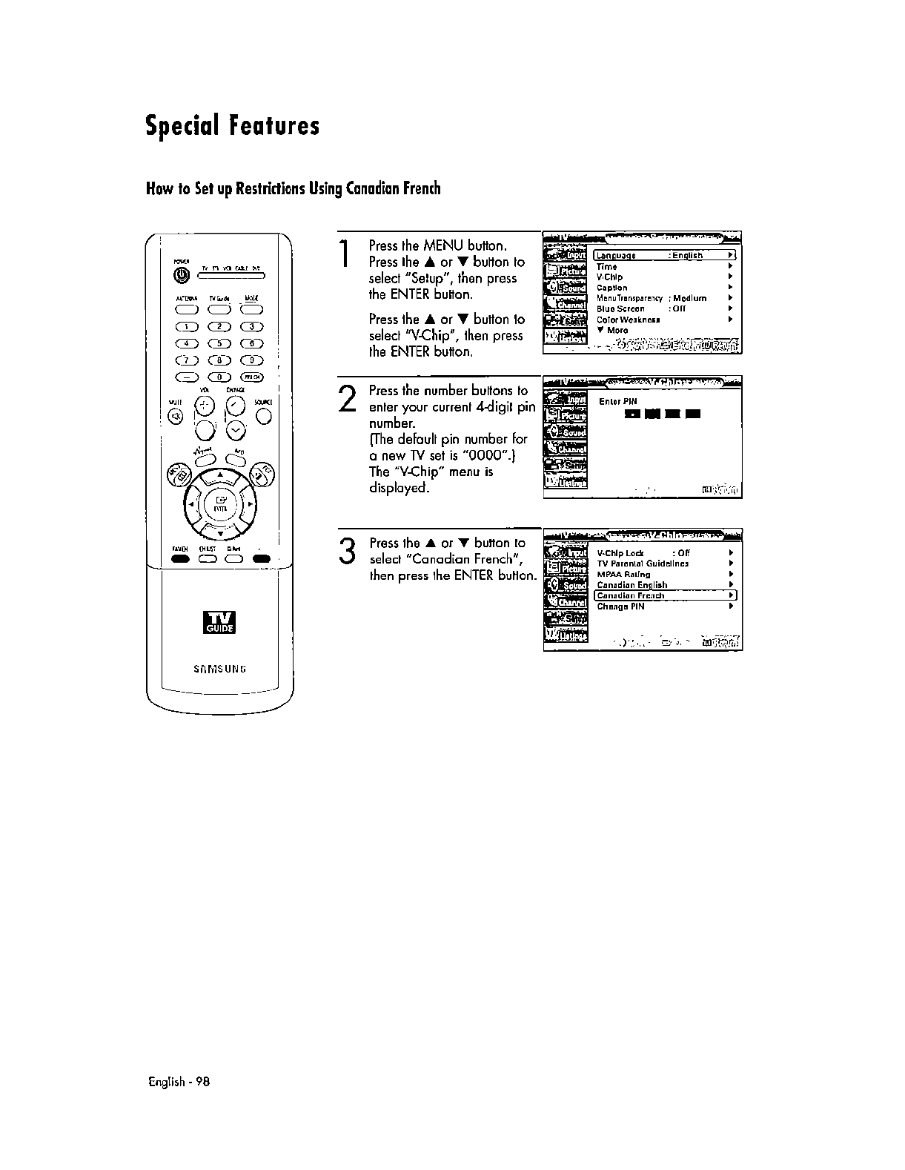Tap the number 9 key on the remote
pos(253,361)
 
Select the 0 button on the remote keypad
pos(219,379)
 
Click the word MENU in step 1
pos(444,245)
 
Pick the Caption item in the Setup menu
pos(612,288)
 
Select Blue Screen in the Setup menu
pos(621,308)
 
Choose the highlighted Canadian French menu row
pos(664,595)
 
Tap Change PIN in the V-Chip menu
pos(621,607)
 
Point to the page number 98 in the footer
pos(204,1082)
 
